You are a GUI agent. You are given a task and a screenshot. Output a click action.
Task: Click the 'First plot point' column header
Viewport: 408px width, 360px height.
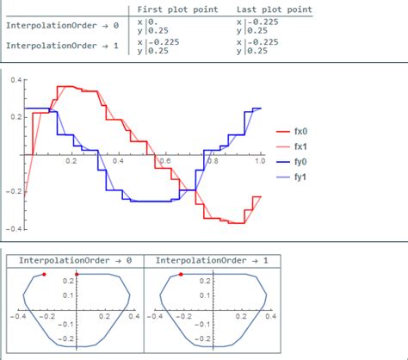177,9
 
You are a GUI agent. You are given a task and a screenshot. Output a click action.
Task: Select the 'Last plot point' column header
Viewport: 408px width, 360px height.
275,9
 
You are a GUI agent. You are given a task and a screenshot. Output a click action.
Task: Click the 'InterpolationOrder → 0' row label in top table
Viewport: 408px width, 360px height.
62,26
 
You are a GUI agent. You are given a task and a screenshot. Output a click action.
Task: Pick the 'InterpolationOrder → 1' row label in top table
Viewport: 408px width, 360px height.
62,46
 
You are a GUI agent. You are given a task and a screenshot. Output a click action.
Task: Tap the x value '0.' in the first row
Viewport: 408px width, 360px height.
152,22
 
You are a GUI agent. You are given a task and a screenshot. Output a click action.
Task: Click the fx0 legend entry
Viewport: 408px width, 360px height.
292,132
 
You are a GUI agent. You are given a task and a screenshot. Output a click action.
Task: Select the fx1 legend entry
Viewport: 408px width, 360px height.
292,146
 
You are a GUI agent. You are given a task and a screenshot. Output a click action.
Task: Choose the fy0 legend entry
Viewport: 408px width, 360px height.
292,162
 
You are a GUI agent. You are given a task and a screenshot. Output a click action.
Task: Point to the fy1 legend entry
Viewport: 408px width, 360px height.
292,177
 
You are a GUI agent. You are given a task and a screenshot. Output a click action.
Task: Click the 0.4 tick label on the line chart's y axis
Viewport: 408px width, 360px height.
16,80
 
